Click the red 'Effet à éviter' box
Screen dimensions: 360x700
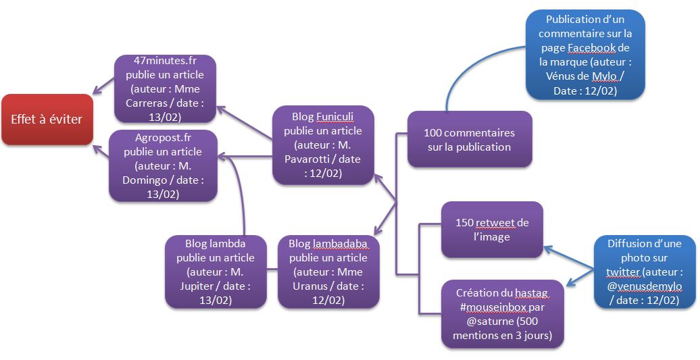(x=47, y=120)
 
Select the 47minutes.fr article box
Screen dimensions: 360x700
(x=165, y=88)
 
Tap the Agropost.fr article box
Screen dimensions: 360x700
(x=163, y=165)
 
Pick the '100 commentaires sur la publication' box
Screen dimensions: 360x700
(x=469, y=139)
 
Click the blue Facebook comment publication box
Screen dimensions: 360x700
(x=584, y=55)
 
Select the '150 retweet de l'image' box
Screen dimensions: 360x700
(x=491, y=230)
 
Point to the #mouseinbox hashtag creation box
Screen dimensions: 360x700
(x=501, y=314)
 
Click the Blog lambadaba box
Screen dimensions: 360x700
(x=328, y=272)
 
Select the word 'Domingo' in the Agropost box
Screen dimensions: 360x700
(x=147, y=180)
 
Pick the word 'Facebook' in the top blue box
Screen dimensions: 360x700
(x=591, y=47)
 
